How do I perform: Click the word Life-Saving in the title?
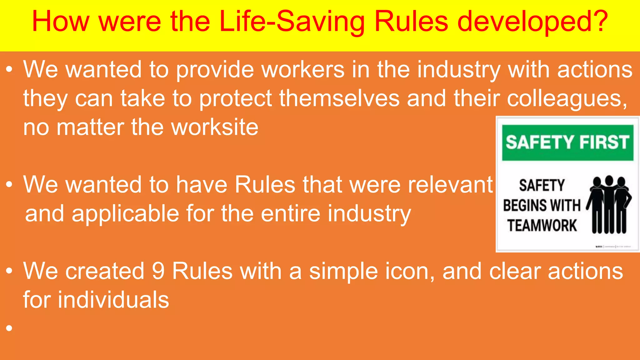292,22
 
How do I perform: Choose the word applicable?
125,214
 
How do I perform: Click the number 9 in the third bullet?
158,271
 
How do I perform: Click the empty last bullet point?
9,328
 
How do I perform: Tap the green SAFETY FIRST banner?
567,142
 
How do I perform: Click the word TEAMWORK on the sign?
542,226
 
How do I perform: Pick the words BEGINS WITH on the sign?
542,206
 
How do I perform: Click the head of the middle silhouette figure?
609,180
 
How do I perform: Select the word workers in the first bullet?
303,70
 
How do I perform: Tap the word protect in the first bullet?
236,99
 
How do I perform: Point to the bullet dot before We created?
9,271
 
